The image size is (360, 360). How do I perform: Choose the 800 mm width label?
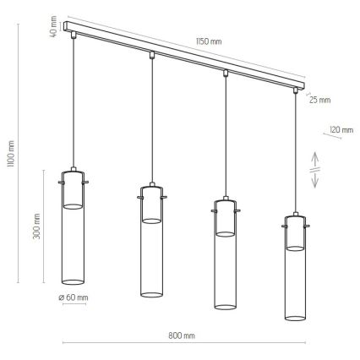183,335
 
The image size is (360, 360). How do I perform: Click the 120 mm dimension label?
341,129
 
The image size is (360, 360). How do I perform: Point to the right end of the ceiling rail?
299,86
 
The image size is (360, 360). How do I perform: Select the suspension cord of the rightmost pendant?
295,152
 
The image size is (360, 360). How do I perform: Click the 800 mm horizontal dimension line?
183,343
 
